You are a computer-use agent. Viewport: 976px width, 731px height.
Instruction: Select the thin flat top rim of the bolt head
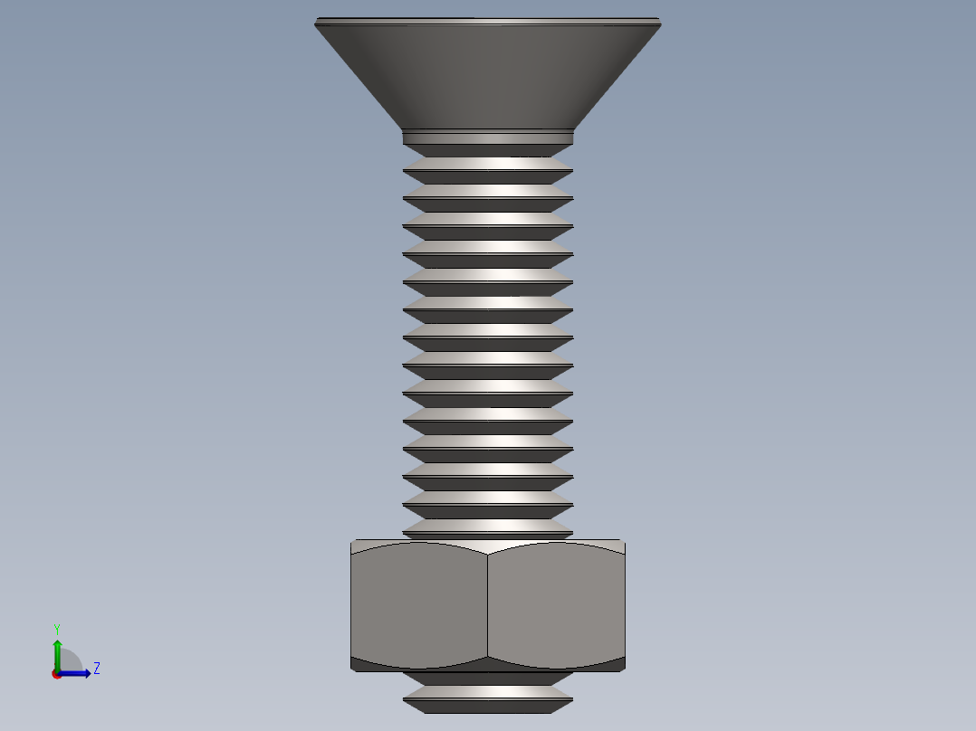click(488, 20)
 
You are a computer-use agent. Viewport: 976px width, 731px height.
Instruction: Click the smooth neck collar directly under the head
click(488, 137)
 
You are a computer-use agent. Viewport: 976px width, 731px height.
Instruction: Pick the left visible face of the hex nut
click(419, 602)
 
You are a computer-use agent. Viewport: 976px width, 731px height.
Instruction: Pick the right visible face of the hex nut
click(556, 602)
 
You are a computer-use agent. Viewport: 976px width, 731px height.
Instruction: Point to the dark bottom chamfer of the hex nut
click(488, 665)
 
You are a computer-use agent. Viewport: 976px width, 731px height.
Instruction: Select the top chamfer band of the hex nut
click(488, 545)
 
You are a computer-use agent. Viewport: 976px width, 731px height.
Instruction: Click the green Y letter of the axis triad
click(56, 628)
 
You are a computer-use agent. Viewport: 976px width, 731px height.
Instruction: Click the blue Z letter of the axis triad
click(96, 669)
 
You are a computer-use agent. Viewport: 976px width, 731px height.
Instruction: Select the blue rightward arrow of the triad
click(78, 673)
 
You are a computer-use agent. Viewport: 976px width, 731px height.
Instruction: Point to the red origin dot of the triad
click(57, 674)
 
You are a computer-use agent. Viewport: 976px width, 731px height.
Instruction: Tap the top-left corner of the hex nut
click(352, 542)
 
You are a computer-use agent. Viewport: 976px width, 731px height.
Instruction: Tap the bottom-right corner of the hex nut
click(624, 669)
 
